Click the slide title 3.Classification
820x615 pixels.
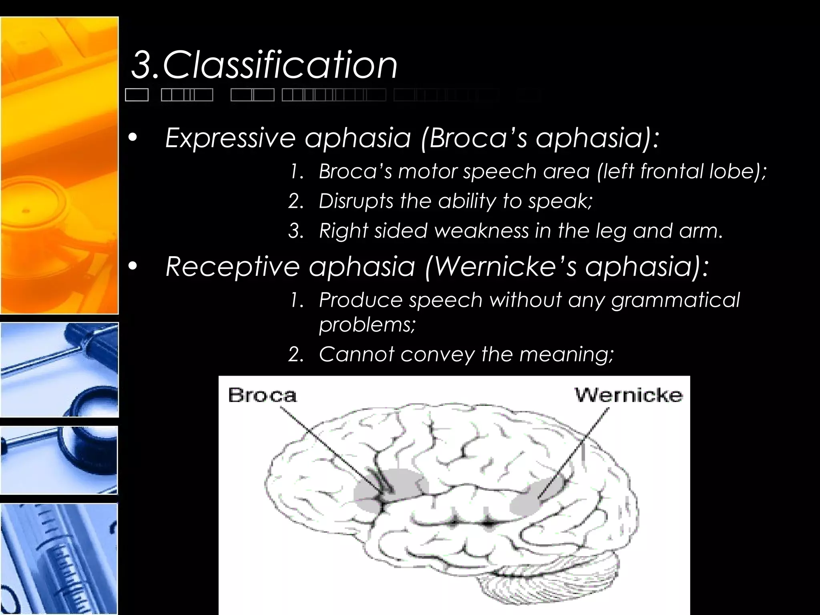click(x=264, y=65)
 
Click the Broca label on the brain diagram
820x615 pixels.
click(x=263, y=396)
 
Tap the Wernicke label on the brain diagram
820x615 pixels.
click(x=629, y=395)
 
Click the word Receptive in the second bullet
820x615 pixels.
click(x=232, y=266)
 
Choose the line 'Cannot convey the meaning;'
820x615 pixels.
click(x=466, y=354)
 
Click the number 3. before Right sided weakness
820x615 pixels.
click(x=296, y=231)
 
